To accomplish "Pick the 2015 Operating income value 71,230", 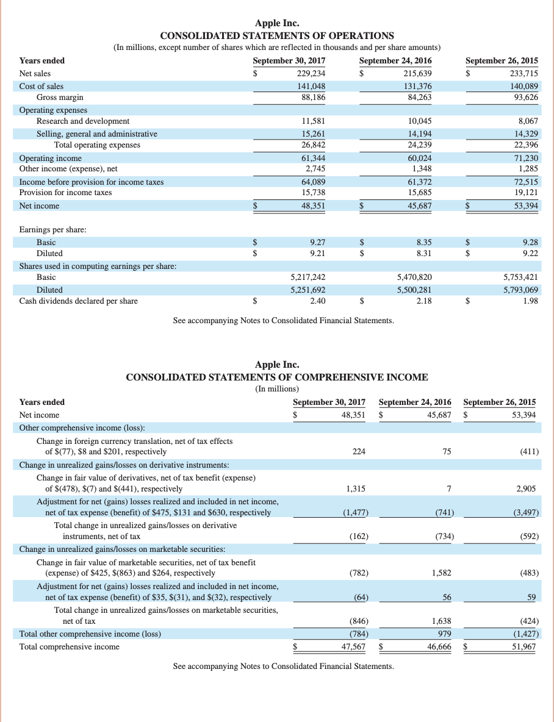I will pyautogui.click(x=525, y=158).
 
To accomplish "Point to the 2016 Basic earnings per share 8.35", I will pyautogui.click(x=423, y=241).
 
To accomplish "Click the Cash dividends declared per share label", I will pyautogui.click(x=78, y=301).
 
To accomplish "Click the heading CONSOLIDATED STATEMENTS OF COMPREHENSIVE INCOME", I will pyautogui.click(x=277, y=377).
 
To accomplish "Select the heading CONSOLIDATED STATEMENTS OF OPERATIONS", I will pyautogui.click(x=277, y=35).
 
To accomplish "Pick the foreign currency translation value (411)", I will pyautogui.click(x=528, y=452).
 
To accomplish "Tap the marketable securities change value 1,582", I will pyautogui.click(x=441, y=573).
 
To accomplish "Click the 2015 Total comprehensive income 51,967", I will pyautogui.click(x=525, y=646).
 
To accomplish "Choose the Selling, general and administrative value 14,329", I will pyautogui.click(x=525, y=134).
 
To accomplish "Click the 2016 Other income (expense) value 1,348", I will pyautogui.click(x=422, y=169).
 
